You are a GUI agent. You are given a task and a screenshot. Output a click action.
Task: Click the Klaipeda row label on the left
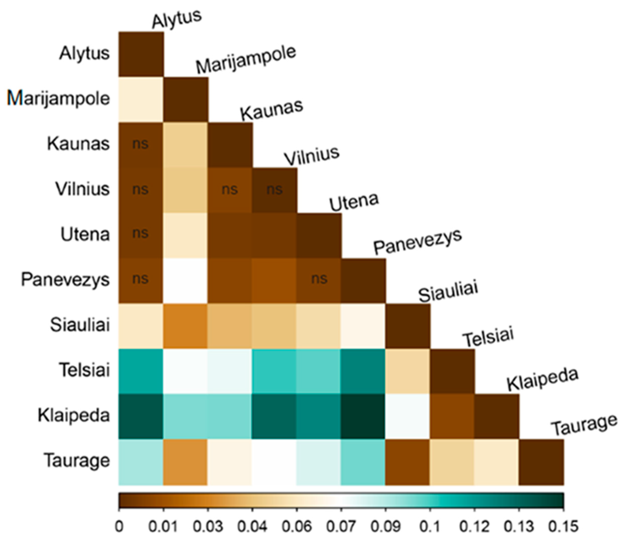(x=73, y=415)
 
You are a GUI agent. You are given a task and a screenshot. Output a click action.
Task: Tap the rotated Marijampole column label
(x=246, y=60)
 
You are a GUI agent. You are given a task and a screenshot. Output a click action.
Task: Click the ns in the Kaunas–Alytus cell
(x=140, y=144)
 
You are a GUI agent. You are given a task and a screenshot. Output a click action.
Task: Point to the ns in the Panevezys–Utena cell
(x=319, y=279)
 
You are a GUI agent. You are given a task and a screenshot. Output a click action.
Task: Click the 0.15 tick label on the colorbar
(x=563, y=527)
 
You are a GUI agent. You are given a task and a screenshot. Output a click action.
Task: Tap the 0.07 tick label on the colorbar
(x=341, y=527)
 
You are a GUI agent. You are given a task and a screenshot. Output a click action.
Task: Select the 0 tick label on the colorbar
(x=119, y=527)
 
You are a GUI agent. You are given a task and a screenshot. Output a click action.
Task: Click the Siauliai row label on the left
(x=79, y=325)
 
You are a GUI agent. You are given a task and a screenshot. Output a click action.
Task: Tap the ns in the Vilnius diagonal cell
(x=274, y=189)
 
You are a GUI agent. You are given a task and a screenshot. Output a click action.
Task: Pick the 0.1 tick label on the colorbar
(x=429, y=527)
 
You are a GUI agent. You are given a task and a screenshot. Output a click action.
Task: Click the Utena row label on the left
(x=85, y=234)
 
